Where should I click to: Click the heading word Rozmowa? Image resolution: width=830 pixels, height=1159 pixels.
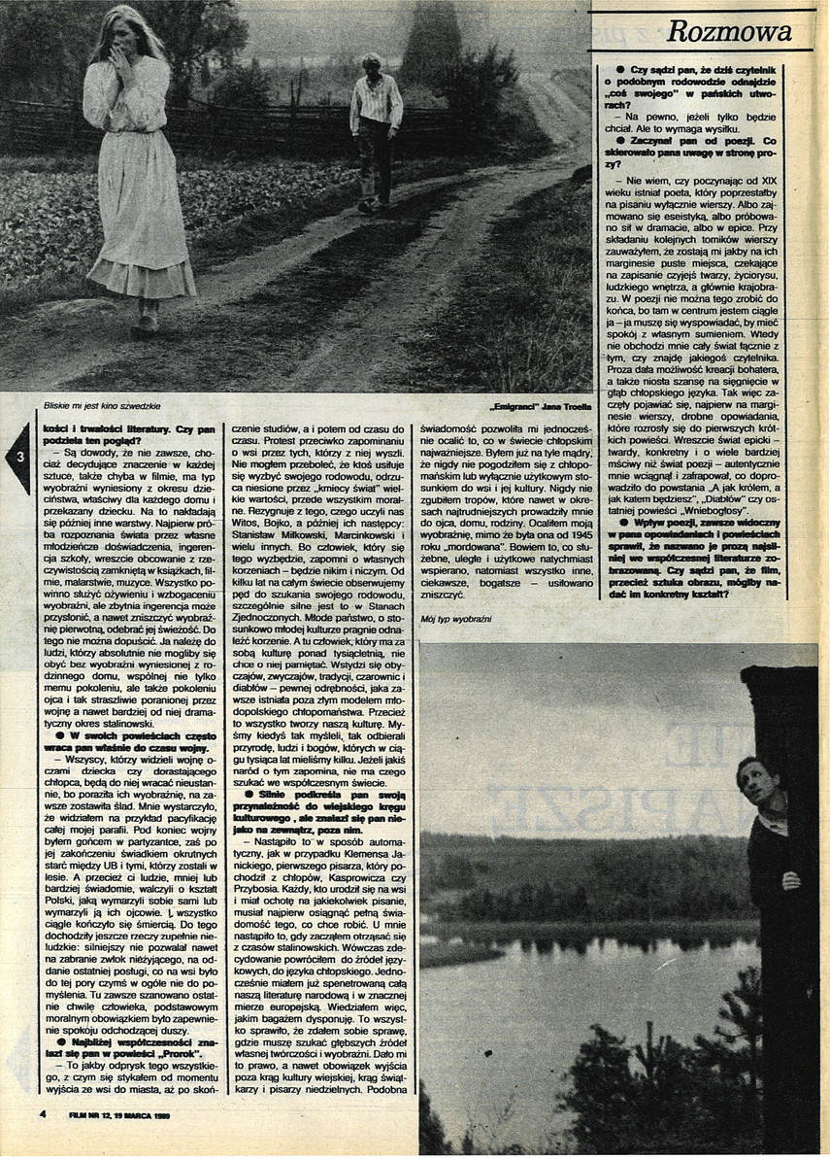(x=743, y=32)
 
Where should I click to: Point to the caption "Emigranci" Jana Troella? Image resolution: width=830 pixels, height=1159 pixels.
(x=535, y=407)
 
